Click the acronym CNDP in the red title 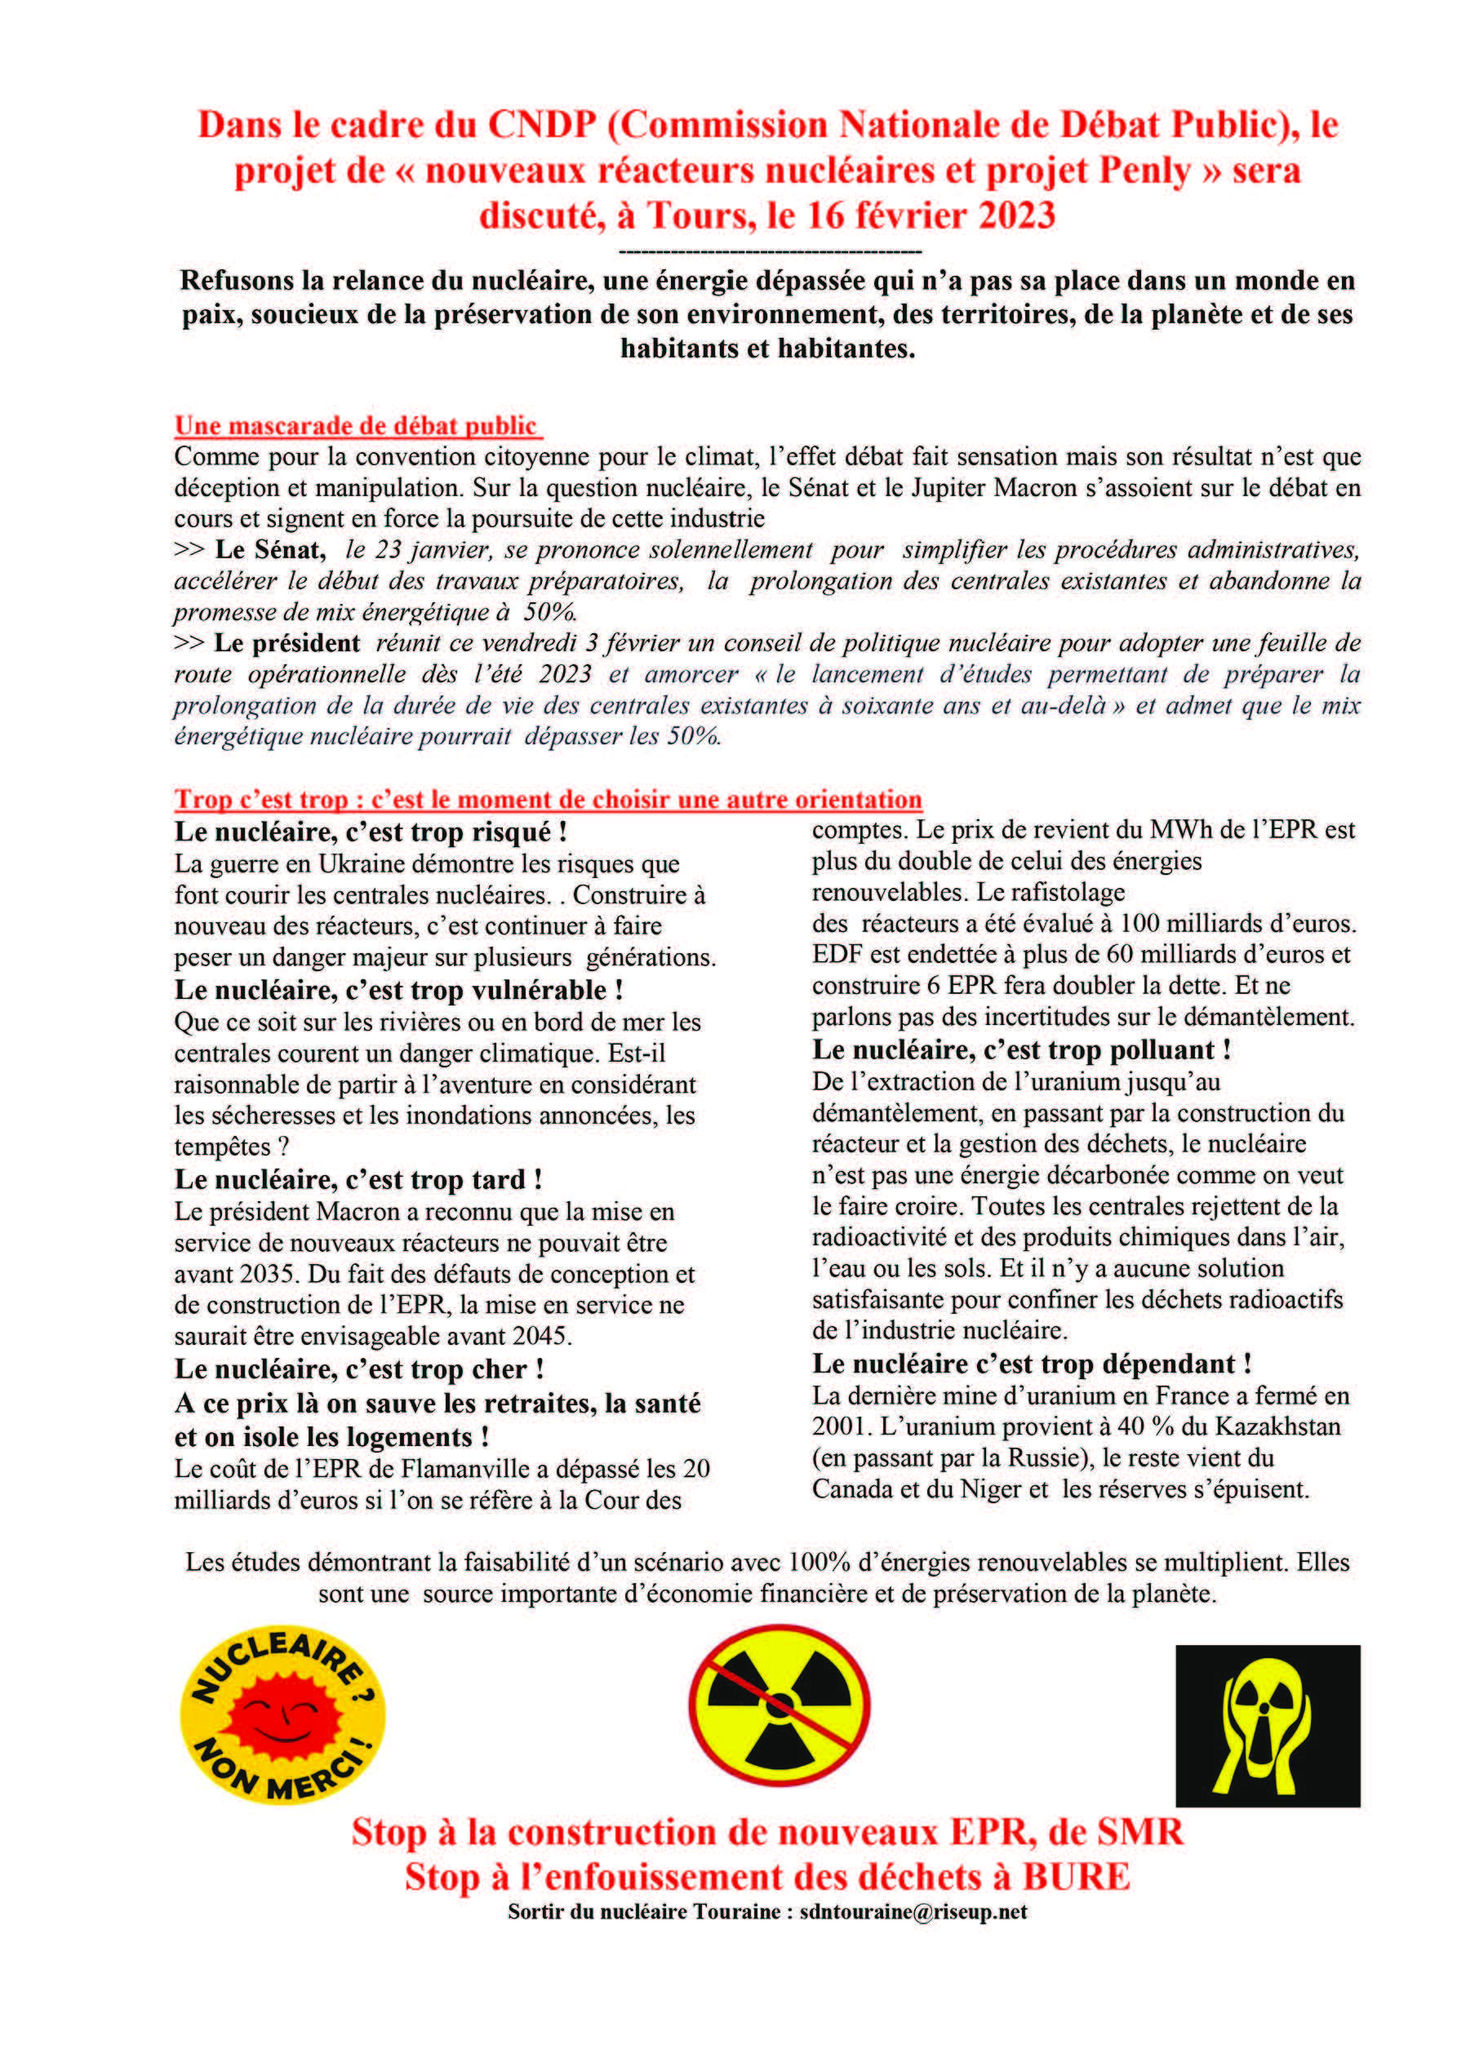[540, 126]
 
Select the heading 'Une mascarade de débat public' [357, 425]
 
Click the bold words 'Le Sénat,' [270, 549]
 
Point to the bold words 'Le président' [287, 642]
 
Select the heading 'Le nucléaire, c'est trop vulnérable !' [398, 989]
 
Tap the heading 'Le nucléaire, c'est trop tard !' [358, 1178]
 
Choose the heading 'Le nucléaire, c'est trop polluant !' [1021, 1049]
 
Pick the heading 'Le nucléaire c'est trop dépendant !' [1031, 1363]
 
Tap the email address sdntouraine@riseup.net [913, 1911]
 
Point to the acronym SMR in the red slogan [1139, 1832]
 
